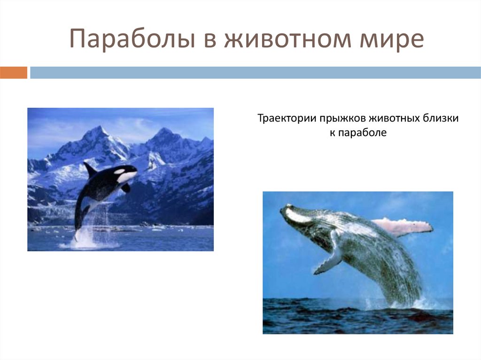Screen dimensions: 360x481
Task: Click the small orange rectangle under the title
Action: point(14,73)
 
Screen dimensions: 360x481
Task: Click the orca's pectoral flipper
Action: point(125,188)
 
